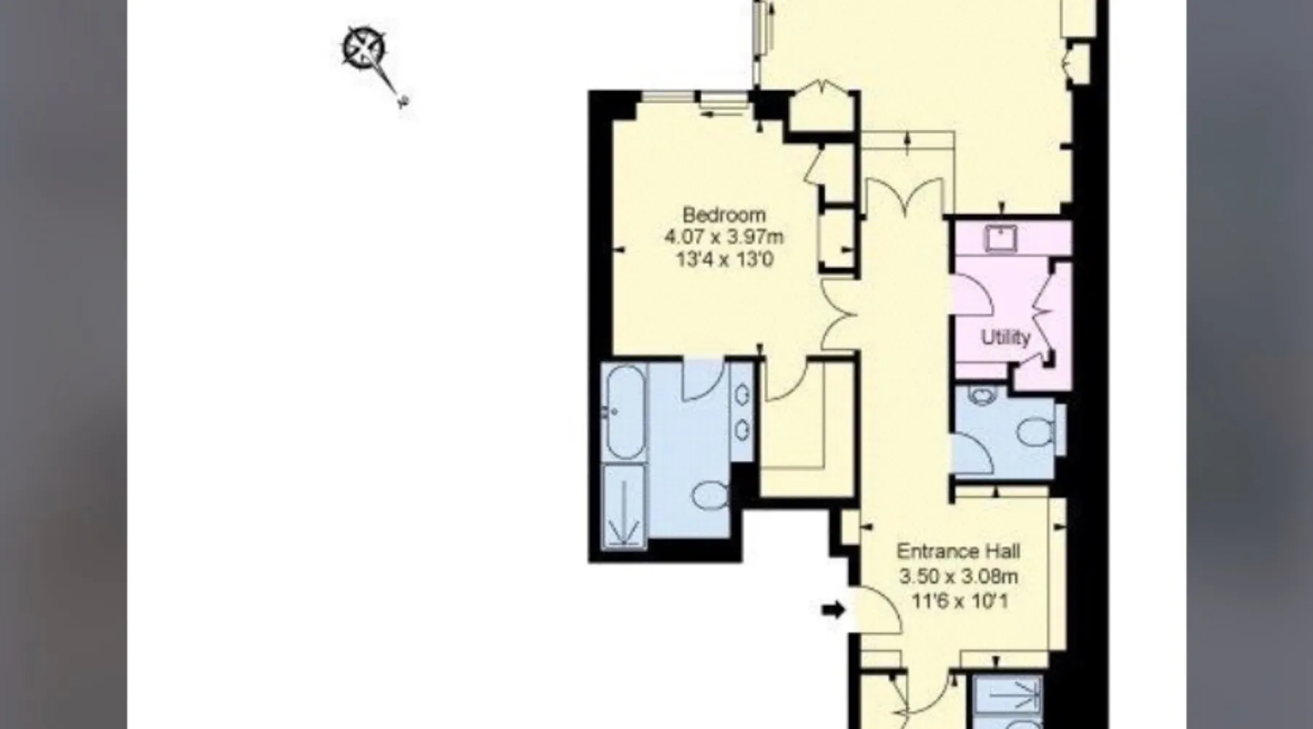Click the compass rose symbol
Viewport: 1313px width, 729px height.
(364, 48)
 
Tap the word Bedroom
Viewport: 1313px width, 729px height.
(724, 215)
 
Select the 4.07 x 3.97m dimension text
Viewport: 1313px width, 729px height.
(724, 237)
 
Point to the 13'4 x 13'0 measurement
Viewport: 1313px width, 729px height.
(724, 260)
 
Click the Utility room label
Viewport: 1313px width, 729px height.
(1005, 338)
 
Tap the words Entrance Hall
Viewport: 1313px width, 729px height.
(958, 551)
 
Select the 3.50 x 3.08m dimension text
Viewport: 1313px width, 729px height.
(958, 577)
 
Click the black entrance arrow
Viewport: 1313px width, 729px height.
(834, 609)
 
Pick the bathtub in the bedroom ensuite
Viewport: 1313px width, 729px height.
(624, 412)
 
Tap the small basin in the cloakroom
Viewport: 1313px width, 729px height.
(982, 396)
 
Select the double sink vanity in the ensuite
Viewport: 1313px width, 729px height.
(742, 412)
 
